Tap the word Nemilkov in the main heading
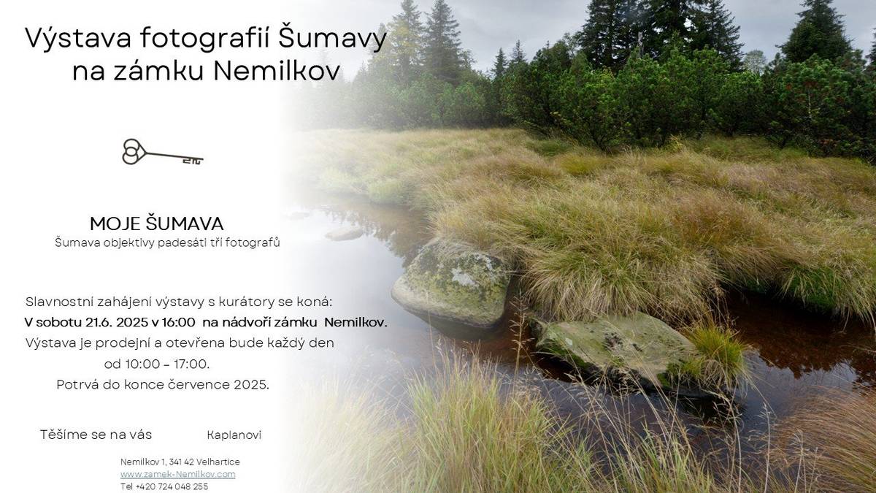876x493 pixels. point(277,71)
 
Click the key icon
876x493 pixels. point(162,152)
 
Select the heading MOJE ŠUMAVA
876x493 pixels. point(156,223)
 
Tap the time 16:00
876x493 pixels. point(179,322)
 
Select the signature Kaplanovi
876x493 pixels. point(234,435)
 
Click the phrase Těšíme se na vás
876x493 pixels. point(96,435)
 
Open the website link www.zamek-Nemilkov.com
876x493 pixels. point(178,475)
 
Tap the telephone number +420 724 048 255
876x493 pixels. point(172,486)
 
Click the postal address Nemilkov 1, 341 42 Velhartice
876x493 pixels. point(180,462)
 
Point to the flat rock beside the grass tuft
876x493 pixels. point(614,349)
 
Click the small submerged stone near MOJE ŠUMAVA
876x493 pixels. point(344,234)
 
